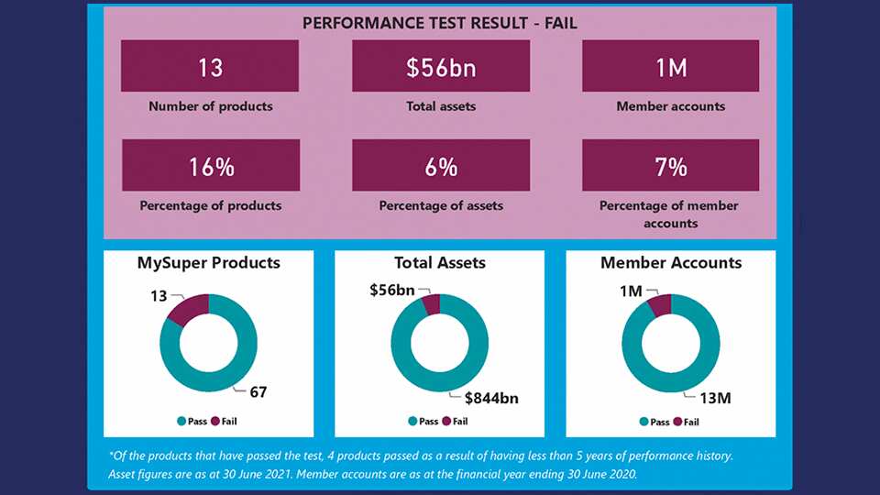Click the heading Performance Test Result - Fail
440,23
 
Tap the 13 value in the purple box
210,66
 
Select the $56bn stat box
441,66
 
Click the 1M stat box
671,66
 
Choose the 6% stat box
441,166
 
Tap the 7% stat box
671,166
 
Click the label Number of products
210,106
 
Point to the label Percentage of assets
441,205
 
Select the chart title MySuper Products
209,263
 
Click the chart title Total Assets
440,263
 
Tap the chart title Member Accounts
671,263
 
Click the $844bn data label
492,397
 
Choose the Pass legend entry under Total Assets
423,422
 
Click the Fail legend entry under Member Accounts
686,422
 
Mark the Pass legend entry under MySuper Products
192,422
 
